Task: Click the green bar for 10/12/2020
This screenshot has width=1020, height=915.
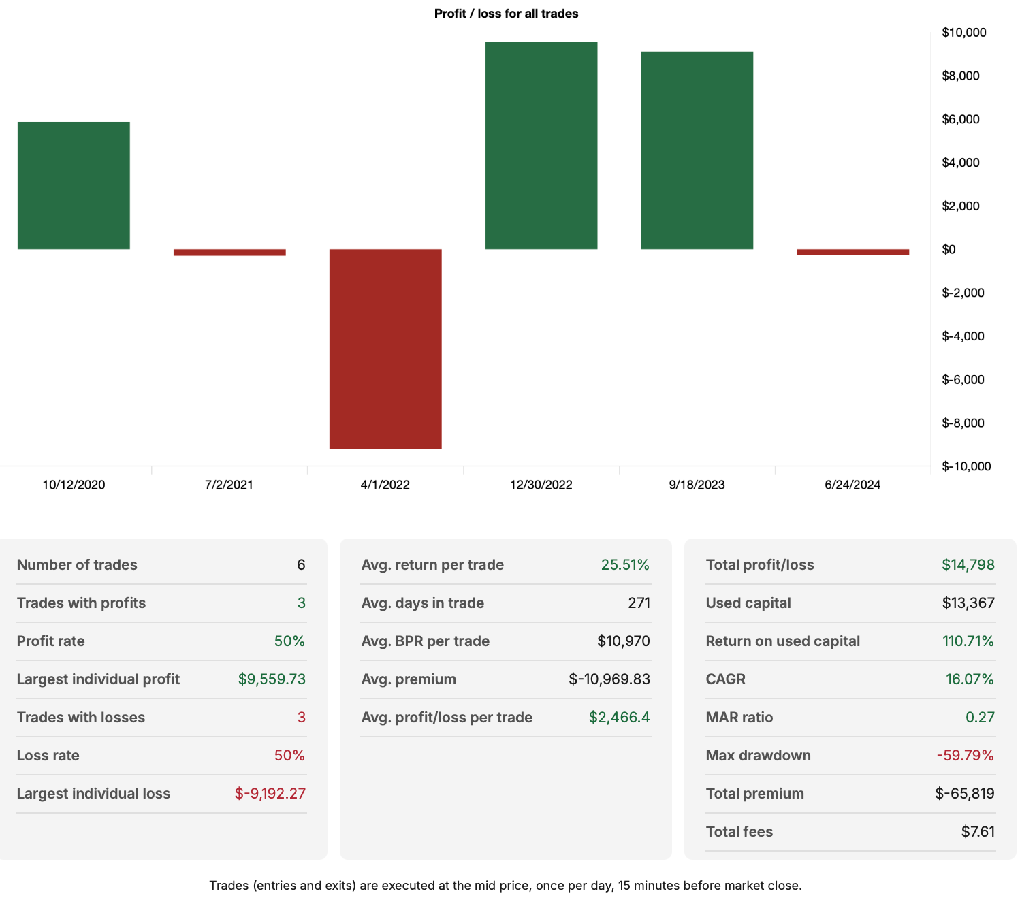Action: point(74,185)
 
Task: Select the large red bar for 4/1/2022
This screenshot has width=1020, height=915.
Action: point(385,349)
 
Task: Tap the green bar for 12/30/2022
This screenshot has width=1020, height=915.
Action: point(541,146)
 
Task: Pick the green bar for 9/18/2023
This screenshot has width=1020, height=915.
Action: point(697,150)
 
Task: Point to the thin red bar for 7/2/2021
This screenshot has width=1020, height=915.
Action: point(229,253)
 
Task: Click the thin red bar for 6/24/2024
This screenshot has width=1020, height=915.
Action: point(852,252)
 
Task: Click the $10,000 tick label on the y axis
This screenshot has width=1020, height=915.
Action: point(963,33)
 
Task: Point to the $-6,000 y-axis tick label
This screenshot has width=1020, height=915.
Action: point(963,380)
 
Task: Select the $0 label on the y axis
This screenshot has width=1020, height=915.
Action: point(949,250)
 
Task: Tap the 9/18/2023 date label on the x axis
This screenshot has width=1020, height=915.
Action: point(697,485)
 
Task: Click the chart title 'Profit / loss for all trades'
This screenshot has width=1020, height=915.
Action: point(506,14)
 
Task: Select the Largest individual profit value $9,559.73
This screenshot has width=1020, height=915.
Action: point(272,679)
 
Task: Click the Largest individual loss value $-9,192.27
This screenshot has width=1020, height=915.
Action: point(270,794)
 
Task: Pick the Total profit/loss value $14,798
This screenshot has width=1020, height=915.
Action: point(968,565)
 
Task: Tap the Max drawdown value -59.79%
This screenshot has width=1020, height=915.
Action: point(965,756)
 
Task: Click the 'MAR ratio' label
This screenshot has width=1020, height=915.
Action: point(739,718)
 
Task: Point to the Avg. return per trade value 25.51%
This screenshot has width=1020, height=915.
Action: point(624,565)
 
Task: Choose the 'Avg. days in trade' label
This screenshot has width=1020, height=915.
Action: point(422,603)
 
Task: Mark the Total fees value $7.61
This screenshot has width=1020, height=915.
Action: point(978,832)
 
